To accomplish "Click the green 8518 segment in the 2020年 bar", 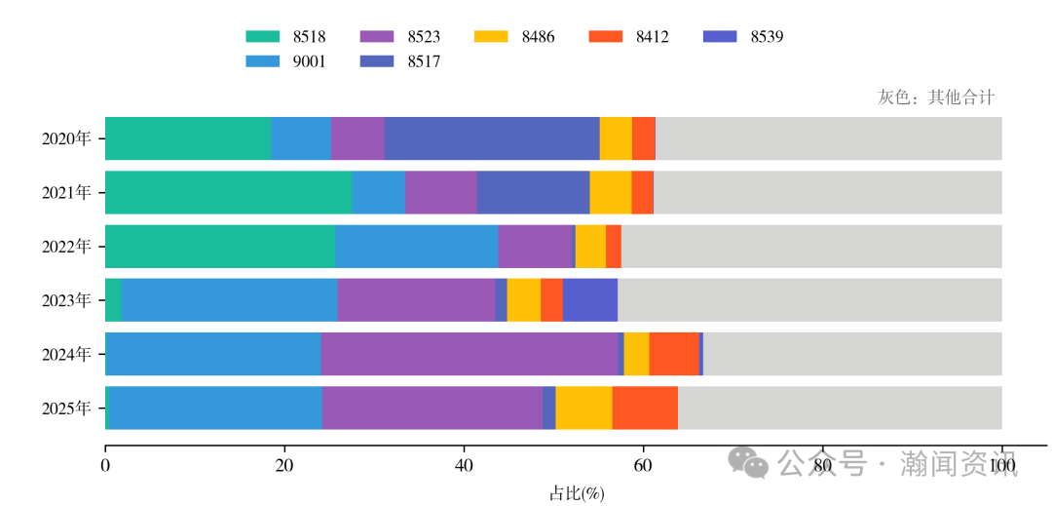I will [x=187, y=138].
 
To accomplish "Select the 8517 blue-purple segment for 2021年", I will [x=533, y=192].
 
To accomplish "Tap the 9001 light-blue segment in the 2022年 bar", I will [x=416, y=246].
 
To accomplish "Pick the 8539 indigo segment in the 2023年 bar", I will [x=589, y=299].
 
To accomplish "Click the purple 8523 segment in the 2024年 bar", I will [x=469, y=353].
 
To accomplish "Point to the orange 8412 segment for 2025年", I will [x=645, y=408].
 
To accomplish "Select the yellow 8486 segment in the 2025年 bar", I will [x=583, y=408].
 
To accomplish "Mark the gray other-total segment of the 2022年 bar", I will [x=811, y=246].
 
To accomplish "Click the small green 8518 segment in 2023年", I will [x=113, y=299].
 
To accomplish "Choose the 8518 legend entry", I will [x=285, y=37].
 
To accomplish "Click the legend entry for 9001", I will [x=285, y=61].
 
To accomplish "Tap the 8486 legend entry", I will [x=514, y=37].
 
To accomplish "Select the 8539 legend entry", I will [x=743, y=37].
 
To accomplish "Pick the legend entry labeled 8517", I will [x=400, y=61].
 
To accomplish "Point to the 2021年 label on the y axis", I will [x=66, y=193].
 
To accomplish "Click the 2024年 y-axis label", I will [x=66, y=354].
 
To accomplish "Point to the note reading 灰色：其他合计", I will [x=936, y=97].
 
